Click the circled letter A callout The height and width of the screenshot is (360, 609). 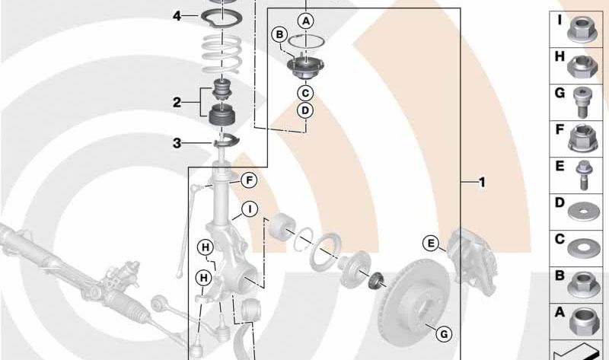[x=306, y=21]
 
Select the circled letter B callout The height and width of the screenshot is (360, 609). [x=279, y=35]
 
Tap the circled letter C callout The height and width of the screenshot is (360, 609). [x=305, y=93]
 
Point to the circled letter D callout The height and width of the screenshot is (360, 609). [x=305, y=110]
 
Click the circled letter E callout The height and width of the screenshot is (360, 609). [x=431, y=244]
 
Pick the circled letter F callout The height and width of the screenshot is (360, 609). [x=249, y=180]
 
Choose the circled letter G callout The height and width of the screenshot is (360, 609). [x=444, y=333]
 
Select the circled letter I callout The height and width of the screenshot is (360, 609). [x=250, y=209]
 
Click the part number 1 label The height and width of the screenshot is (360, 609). [x=482, y=182]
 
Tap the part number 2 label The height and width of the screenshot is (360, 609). [x=177, y=103]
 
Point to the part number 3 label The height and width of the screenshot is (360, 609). [x=177, y=143]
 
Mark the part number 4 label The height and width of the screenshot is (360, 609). [x=177, y=16]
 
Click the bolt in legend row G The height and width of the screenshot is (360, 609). [x=581, y=102]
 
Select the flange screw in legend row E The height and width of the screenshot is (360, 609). [x=582, y=175]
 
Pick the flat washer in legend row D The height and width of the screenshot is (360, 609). [x=583, y=212]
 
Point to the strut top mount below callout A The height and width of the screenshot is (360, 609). [x=305, y=67]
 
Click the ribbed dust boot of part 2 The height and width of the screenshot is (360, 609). [x=222, y=115]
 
